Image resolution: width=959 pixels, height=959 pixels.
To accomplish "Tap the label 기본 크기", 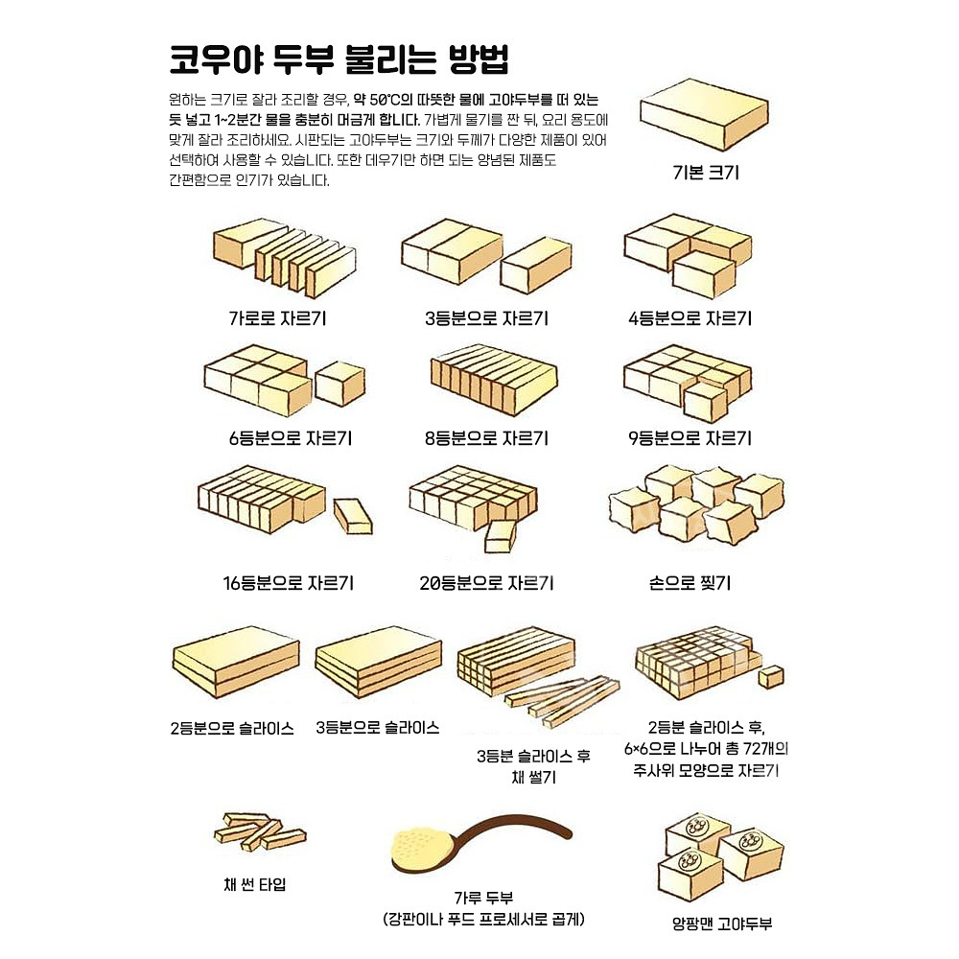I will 705,174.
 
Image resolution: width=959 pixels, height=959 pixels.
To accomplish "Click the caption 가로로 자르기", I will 277,318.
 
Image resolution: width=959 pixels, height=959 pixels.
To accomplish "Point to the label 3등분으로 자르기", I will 487,318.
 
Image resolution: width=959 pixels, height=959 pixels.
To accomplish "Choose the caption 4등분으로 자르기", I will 690,318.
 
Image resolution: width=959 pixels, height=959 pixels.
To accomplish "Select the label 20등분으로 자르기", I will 487,582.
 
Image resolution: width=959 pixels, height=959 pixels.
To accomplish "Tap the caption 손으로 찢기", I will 690,582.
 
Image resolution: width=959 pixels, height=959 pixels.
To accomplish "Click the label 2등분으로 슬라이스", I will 232,727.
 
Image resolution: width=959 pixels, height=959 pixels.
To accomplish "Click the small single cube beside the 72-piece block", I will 771,676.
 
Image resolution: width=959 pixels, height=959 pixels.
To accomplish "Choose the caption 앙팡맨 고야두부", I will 722,924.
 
